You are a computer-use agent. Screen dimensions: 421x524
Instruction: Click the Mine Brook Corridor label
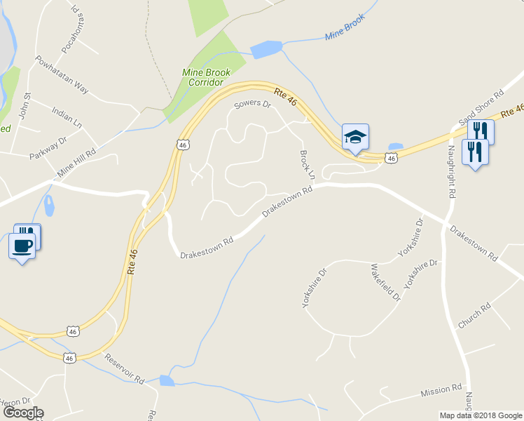coord(206,77)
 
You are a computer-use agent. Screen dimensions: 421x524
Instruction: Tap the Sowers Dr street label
coord(252,105)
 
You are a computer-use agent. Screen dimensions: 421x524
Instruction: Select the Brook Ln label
coord(308,163)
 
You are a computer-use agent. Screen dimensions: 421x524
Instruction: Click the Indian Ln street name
coord(67,116)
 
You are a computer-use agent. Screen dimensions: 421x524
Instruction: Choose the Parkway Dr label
coord(48,148)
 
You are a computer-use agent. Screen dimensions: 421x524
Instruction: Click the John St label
coord(25,105)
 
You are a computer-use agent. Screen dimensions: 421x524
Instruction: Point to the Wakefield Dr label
coord(385,282)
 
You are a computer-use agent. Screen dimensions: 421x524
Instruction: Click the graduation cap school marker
coord(355,137)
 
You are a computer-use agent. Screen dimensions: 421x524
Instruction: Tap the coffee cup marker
coord(22,246)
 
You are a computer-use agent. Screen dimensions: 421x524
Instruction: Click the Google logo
coord(22,413)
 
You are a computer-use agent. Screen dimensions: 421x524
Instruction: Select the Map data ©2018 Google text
coord(481,415)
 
